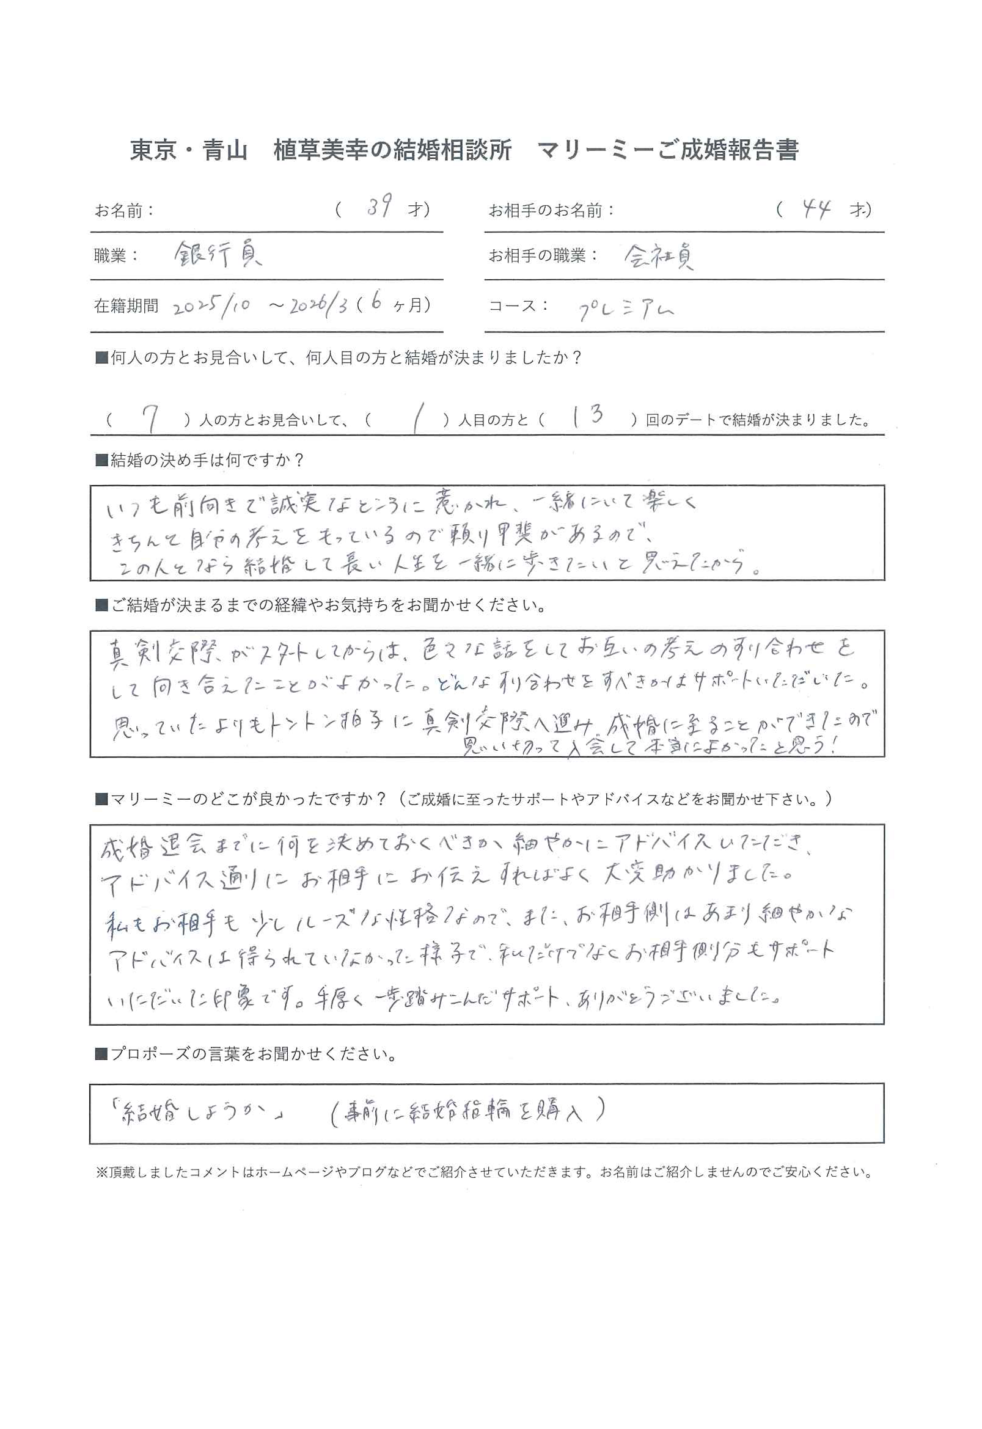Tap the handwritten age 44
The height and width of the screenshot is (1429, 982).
point(816,210)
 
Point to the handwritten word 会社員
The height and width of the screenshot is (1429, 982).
point(659,256)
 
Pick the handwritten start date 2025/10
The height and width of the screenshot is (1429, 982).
point(212,305)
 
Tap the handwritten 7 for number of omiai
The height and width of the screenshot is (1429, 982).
point(151,420)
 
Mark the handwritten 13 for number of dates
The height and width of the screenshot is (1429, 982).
point(587,417)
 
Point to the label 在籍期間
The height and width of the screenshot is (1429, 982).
point(126,305)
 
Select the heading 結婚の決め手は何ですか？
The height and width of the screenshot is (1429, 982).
point(200,460)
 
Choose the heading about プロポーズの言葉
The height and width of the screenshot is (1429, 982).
point(246,1054)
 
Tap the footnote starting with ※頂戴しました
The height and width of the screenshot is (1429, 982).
point(484,1172)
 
